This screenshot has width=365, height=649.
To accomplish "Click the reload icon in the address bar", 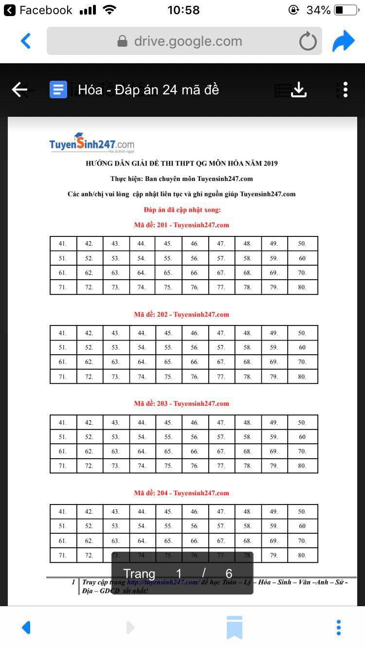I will (308, 42).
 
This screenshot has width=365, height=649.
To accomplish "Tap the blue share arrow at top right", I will (344, 41).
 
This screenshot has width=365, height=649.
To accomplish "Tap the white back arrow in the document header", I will (19, 90).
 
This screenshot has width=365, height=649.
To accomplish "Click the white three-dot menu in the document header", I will (345, 90).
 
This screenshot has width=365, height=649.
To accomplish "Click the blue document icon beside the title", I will (58, 90).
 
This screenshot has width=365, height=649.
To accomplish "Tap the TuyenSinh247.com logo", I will (91, 144).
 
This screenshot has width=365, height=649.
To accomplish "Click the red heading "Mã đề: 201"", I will (181, 225).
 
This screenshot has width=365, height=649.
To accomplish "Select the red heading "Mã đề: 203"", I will (181, 404).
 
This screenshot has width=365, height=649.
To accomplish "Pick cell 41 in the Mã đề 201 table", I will (63, 244).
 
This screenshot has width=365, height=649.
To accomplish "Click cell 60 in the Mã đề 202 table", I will (302, 348).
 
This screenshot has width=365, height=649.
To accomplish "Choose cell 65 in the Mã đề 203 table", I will (168, 451).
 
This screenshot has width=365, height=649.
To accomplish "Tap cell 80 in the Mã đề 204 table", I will (302, 555).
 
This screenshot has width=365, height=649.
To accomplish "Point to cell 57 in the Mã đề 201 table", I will (221, 258).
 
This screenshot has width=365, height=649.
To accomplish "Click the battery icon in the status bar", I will (346, 10).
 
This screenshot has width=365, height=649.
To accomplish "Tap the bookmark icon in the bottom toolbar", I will (234, 627).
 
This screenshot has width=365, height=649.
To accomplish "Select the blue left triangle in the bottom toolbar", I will (27, 627).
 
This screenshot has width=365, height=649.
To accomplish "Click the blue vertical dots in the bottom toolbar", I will (339, 627).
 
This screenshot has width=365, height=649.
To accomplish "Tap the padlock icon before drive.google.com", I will (123, 41).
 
